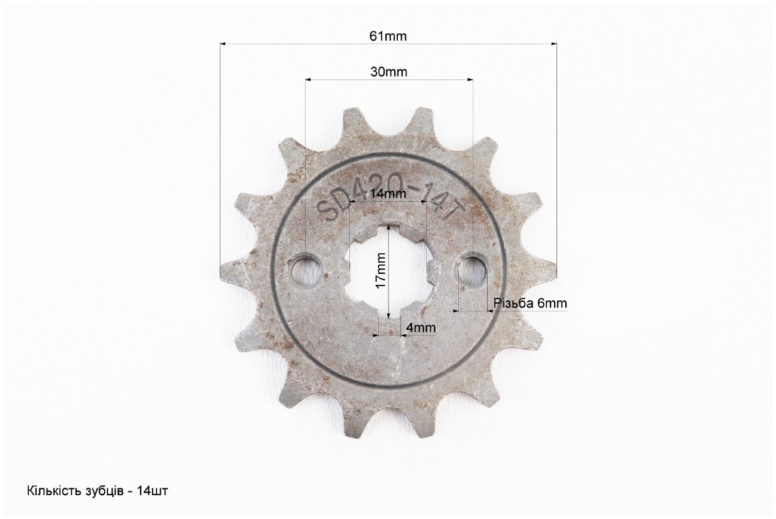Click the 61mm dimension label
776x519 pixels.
pos(388,36)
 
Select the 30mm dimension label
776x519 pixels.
pos(388,72)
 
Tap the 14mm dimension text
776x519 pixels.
pos(388,194)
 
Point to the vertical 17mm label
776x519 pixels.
pos(381,271)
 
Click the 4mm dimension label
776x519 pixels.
pos(421,327)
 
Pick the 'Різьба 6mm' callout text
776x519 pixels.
pos(531,303)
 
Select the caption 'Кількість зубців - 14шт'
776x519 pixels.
pos(97,490)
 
